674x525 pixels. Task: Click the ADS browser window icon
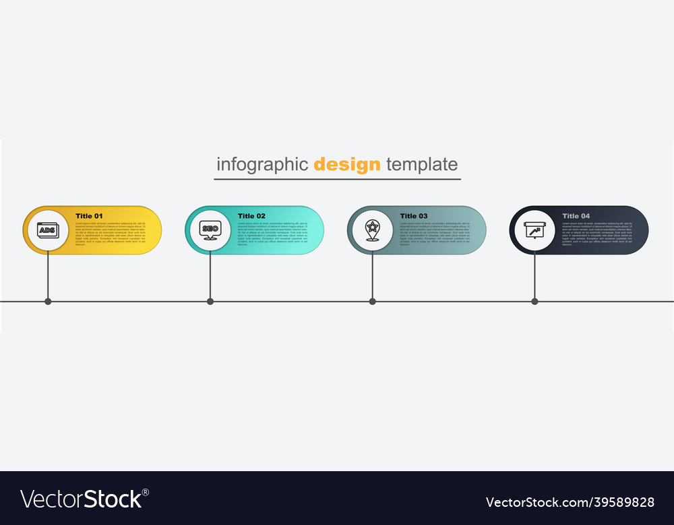click(47, 230)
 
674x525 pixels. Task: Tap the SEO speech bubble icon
click(210, 230)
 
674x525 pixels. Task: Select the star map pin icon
click(372, 230)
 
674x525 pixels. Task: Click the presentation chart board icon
click(534, 230)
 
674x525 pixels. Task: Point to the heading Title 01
click(89, 216)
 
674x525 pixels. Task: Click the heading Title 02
click(251, 216)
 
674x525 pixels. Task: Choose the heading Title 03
click(414, 216)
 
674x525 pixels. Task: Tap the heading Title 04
click(576, 216)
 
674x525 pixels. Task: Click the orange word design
click(347, 164)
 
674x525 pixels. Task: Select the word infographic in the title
click(262, 164)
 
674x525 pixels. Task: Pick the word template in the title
click(422, 164)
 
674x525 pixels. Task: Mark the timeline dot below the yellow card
click(48, 302)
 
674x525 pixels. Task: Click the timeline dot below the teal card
click(210, 302)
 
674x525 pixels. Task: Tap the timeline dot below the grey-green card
click(373, 302)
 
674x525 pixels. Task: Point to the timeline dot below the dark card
click(535, 302)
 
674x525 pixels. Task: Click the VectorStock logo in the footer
click(85, 499)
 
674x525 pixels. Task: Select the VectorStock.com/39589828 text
click(570, 502)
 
